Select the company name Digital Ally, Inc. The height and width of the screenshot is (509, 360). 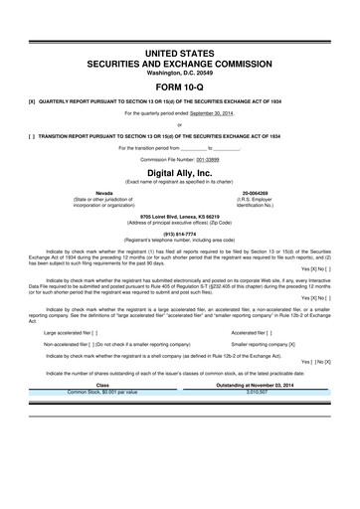click(x=180, y=171)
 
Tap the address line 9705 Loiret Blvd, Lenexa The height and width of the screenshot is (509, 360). click(x=180, y=215)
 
